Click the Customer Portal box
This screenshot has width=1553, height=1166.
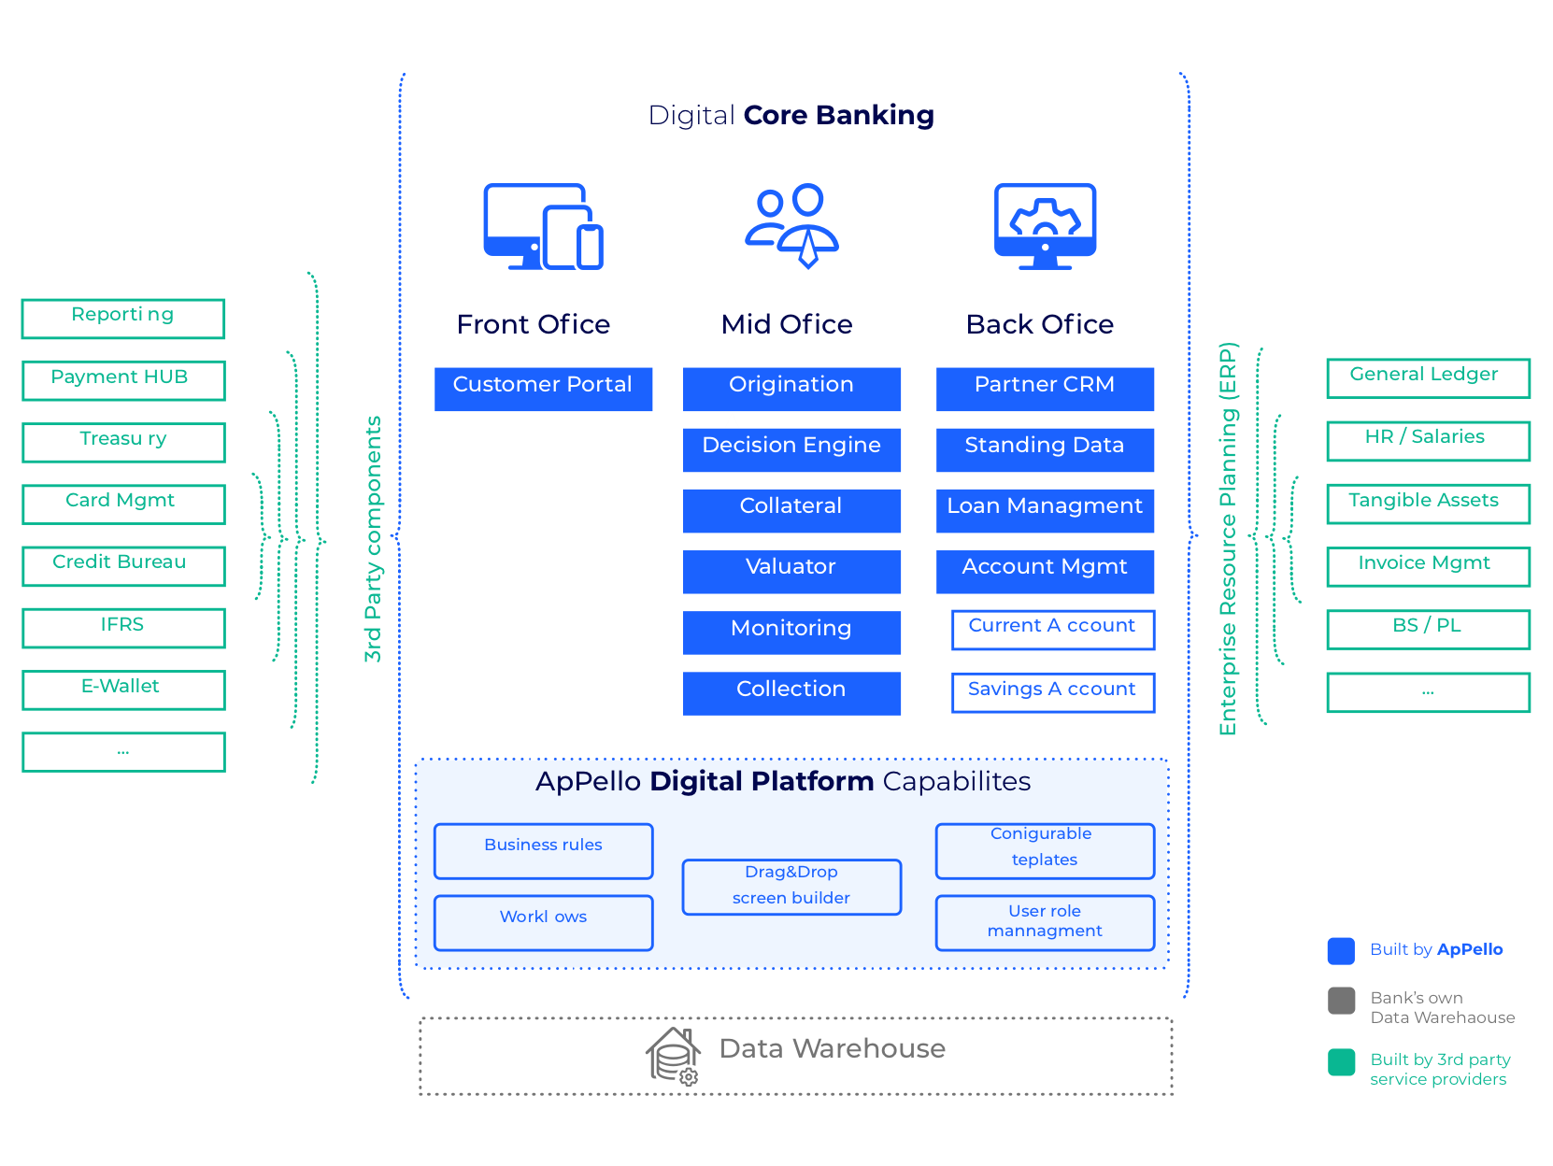tap(543, 389)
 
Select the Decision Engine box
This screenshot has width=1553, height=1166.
tap(791, 449)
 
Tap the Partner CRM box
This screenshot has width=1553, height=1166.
tap(1045, 389)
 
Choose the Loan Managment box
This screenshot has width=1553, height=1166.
tap(1045, 510)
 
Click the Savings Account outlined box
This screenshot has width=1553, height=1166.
tap(1052, 692)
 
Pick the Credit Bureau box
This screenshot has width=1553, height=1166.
tap(123, 566)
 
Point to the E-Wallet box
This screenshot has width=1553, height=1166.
tap(123, 690)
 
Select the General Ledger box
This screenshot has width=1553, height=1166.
tap(1428, 378)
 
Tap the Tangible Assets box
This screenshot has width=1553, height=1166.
tap(1428, 504)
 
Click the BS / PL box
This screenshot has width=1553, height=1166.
tap(1428, 629)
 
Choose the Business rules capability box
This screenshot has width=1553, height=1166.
tap(543, 850)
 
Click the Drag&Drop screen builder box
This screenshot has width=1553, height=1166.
tap(791, 887)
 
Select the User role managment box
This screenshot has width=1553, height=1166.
tap(1045, 922)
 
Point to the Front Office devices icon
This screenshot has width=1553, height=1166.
tap(543, 226)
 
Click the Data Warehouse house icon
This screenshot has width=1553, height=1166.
tap(673, 1056)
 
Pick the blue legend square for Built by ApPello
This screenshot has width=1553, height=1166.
tap(1341, 950)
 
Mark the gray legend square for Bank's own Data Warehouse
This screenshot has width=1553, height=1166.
tap(1341, 1001)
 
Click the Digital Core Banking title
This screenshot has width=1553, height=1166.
tap(791, 115)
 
